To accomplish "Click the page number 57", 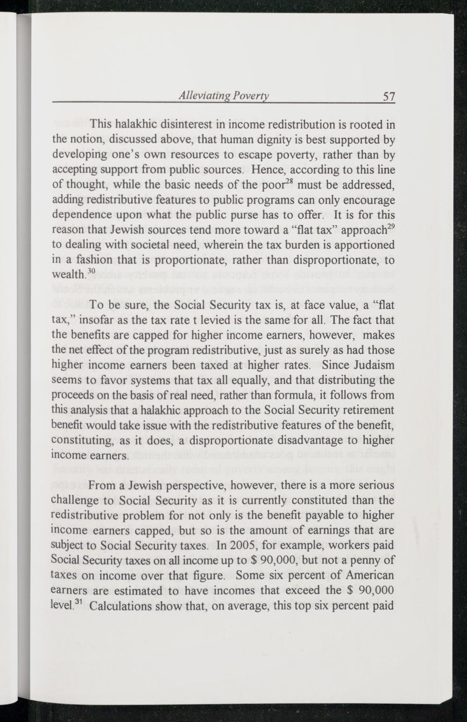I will point(389,97).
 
